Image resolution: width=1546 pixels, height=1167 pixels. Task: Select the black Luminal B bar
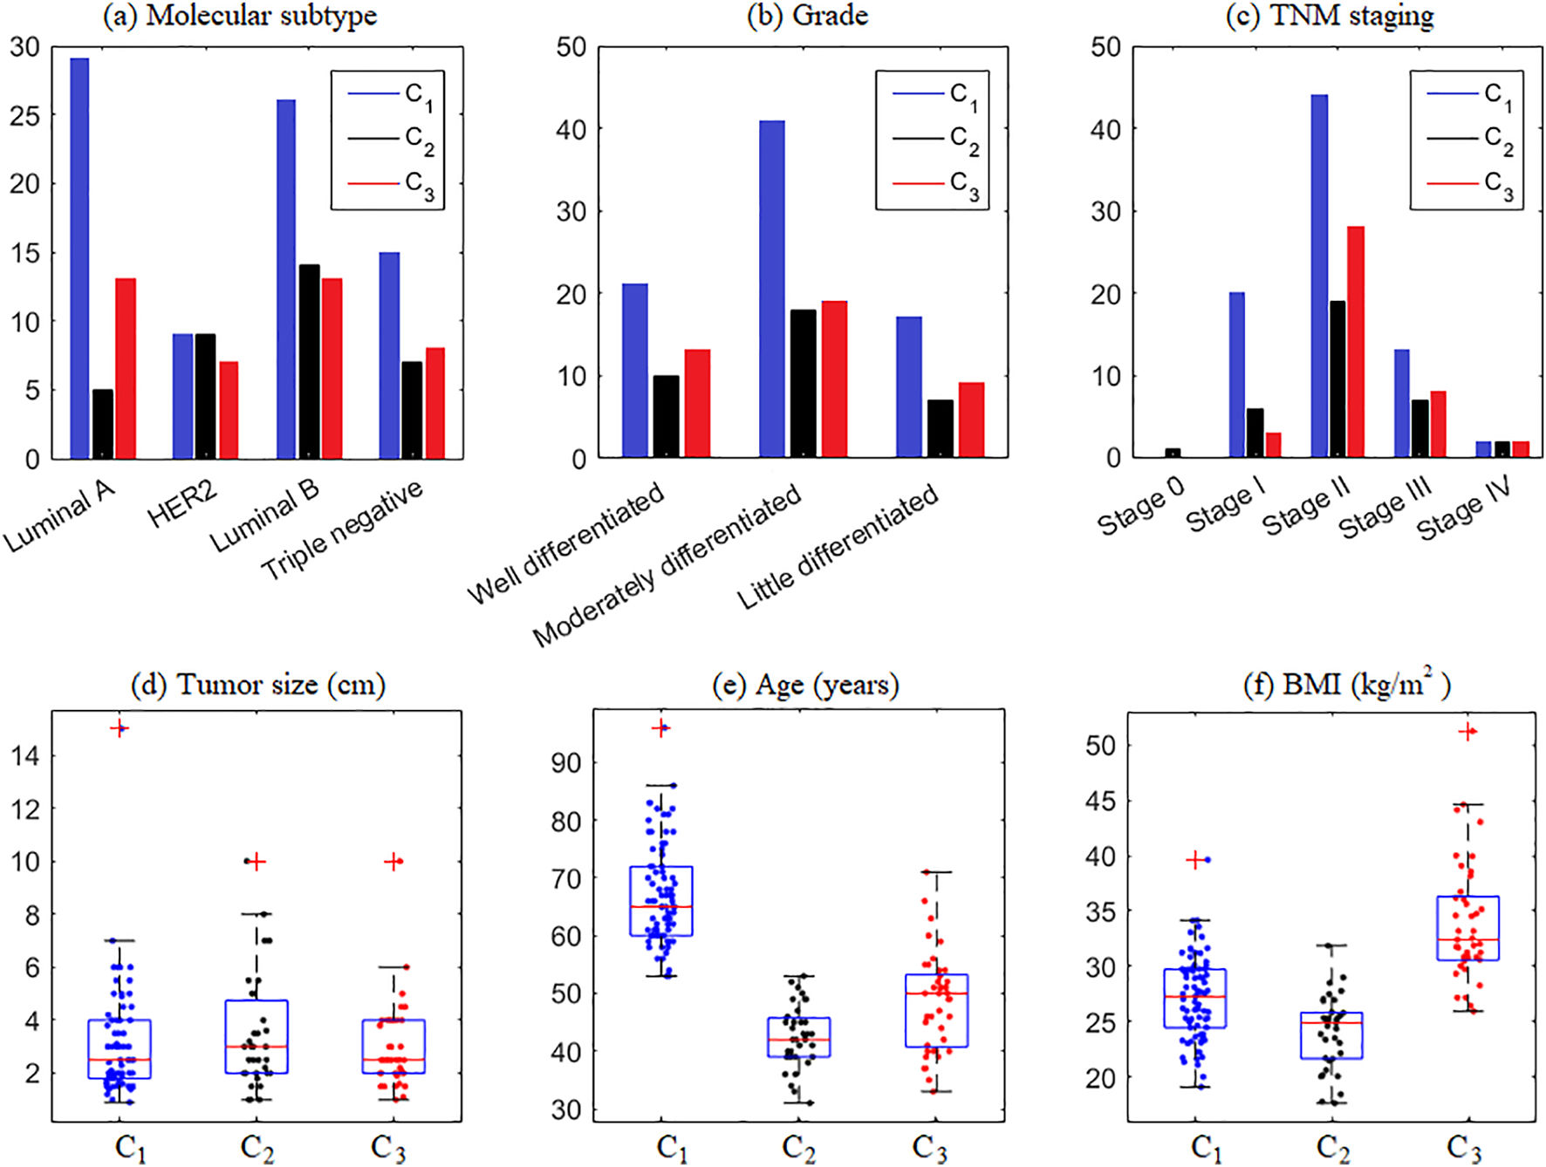click(x=309, y=362)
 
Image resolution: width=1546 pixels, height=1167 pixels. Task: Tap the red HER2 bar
click(x=229, y=410)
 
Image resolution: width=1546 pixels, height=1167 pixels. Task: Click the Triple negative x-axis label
click(x=342, y=529)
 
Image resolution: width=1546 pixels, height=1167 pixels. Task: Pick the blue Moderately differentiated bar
click(x=772, y=289)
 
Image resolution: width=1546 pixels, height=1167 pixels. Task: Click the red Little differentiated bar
click(x=971, y=420)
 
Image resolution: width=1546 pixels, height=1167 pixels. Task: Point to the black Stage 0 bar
click(x=1173, y=454)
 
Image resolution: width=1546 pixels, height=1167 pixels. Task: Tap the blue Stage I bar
click(x=1236, y=375)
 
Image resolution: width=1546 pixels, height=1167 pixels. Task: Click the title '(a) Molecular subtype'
click(x=240, y=16)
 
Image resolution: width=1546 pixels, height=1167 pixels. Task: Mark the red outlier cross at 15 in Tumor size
click(x=120, y=728)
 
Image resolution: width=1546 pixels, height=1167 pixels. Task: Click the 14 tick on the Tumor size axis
click(x=26, y=756)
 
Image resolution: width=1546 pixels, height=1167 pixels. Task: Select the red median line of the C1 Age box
click(x=661, y=906)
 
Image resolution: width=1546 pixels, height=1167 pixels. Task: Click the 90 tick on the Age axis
click(x=566, y=763)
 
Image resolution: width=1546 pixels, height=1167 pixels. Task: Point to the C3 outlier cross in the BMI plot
click(x=1467, y=732)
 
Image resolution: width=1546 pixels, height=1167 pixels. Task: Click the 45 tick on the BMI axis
click(x=1100, y=801)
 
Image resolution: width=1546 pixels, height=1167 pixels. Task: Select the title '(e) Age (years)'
click(x=805, y=686)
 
